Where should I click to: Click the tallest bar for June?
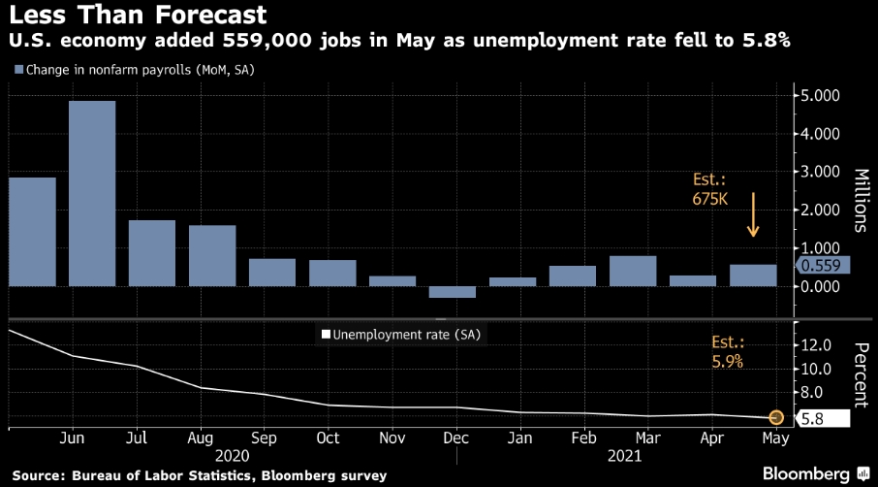pyautogui.click(x=92, y=193)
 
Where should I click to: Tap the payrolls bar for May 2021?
pyautogui.click(x=753, y=276)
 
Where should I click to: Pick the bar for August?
pyautogui.click(x=212, y=256)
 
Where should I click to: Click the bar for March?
pyautogui.click(x=633, y=271)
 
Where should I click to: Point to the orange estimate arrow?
pyautogui.click(x=753, y=215)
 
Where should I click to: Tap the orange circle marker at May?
pyautogui.click(x=776, y=418)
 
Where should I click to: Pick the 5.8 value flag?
pyautogui.click(x=820, y=418)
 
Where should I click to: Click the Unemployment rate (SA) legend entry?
pyautogui.click(x=400, y=336)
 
